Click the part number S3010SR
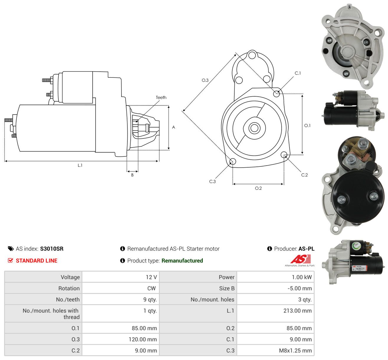coord(52,249)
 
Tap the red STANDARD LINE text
coord(37,261)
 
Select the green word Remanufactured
coord(182,261)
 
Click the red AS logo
coord(300,259)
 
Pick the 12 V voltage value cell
coord(121,277)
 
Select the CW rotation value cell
coord(121,288)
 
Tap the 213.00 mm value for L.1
coord(297,311)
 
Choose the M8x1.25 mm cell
coord(275,351)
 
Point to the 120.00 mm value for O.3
coord(143,339)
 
